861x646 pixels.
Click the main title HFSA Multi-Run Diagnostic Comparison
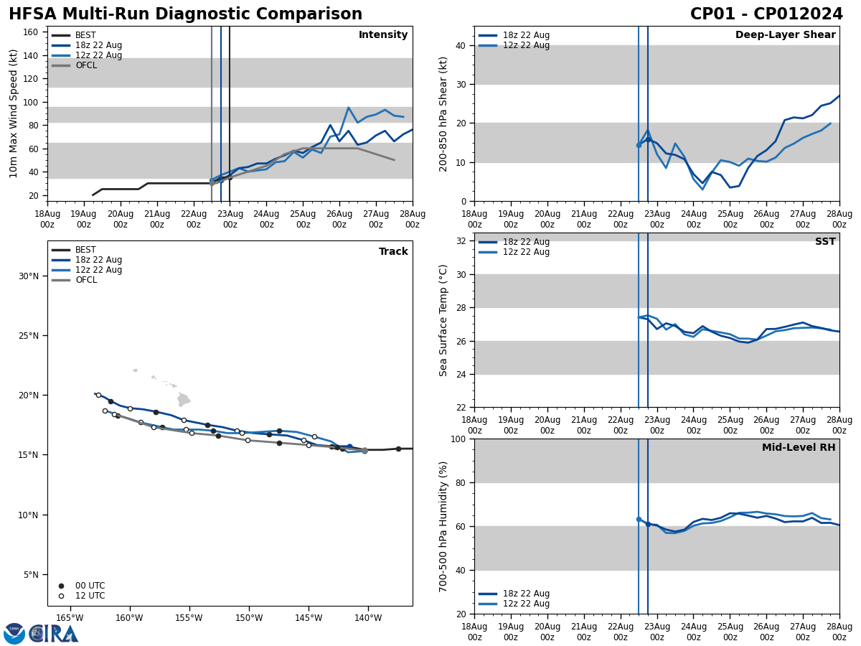185,14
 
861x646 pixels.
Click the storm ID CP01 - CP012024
766,14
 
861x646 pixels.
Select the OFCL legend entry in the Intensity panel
85,65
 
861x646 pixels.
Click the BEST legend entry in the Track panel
85,250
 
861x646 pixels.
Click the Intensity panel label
383,35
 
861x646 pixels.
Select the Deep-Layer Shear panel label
785,35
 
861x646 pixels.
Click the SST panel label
825,242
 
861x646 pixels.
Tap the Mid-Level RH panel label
799,448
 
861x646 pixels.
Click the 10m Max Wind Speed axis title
14,113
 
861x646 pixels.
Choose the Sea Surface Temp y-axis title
443,320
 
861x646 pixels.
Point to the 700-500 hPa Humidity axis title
443,526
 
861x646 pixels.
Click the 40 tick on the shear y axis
459,45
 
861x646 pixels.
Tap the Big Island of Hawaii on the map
184,399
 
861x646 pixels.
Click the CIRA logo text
54,634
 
